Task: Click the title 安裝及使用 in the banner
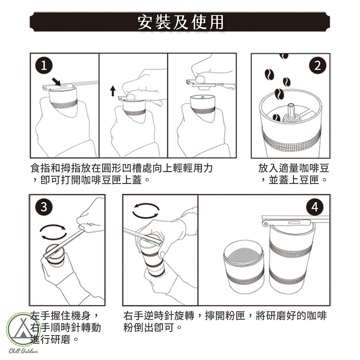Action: tap(180, 22)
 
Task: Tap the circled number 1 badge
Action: tap(44, 65)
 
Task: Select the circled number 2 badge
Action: tap(318, 66)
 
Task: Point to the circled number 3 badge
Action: tap(44, 207)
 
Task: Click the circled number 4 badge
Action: tap(315, 207)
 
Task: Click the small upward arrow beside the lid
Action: tap(112, 91)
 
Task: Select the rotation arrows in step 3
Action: tap(53, 232)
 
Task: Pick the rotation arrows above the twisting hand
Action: tap(146, 211)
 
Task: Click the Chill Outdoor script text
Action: tap(23, 351)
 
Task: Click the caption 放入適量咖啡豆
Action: tap(294, 168)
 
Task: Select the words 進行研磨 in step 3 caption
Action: tap(50, 339)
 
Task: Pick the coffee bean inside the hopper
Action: tap(276, 117)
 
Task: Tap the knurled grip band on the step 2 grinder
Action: tap(291, 140)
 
